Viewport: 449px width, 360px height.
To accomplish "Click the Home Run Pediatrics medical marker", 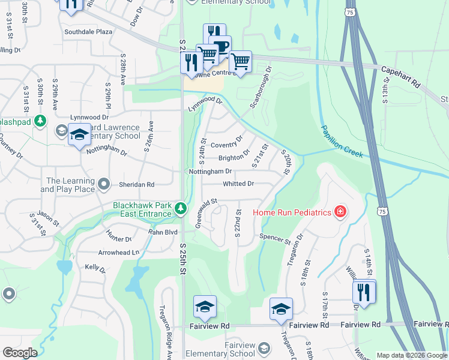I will tap(340, 212).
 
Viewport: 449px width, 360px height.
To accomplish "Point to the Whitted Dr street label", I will tap(238, 184).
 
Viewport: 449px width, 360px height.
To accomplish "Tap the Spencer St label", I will tap(275, 238).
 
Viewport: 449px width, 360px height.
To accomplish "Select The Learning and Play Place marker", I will tap(104, 183).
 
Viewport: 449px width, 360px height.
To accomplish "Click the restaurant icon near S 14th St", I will tap(364, 292).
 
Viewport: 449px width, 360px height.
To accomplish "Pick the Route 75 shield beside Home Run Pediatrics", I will tap(382, 211).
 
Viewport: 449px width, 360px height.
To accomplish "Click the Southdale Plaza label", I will tap(88, 32).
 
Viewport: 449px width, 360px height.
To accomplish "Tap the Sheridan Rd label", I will tap(139, 185).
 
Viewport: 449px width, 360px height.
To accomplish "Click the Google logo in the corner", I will tap(20, 353).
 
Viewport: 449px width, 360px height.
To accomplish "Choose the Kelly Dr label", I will tap(95, 268).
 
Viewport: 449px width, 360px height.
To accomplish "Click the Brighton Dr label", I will tap(234, 158).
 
